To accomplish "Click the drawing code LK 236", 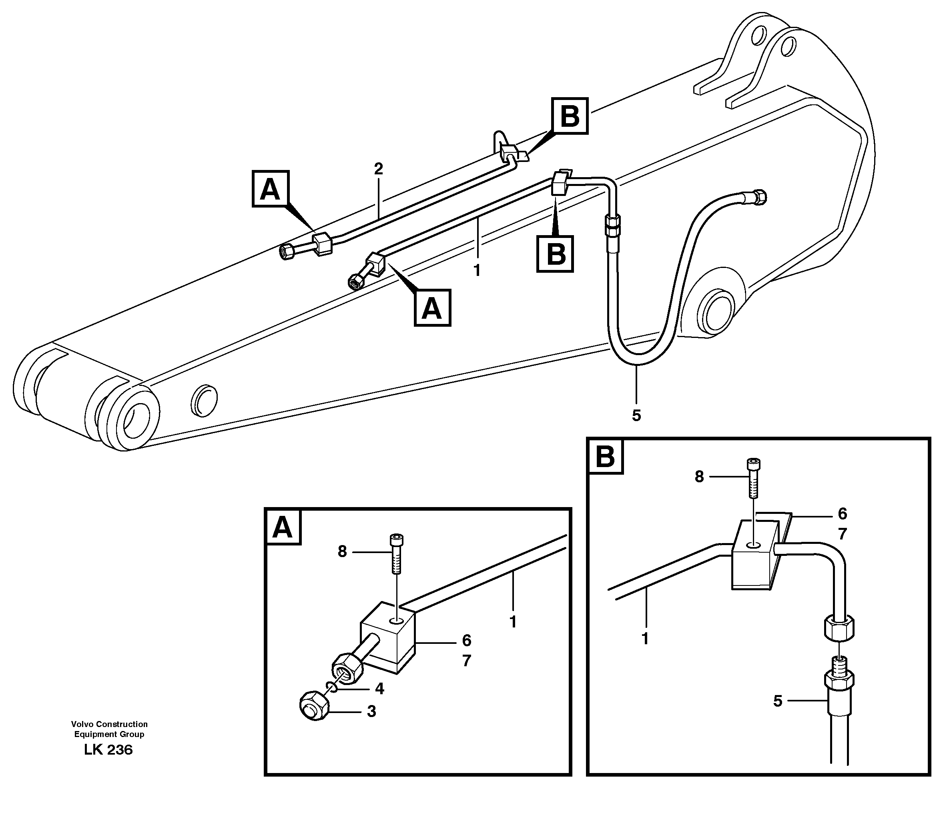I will (x=108, y=750).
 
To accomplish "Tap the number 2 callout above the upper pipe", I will (x=378, y=169).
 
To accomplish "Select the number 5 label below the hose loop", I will (x=636, y=416).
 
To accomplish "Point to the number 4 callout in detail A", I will (x=379, y=689).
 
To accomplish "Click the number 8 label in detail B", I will (x=699, y=477).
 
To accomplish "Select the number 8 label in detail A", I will (x=342, y=551).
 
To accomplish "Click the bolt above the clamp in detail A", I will (x=396, y=553).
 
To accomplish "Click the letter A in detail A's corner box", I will (x=283, y=527).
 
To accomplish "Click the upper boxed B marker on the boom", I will (x=570, y=116).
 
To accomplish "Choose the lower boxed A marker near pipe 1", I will (x=432, y=308).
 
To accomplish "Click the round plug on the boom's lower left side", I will (x=204, y=400).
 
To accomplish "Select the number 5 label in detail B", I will (x=778, y=701).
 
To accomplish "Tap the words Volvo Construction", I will (x=109, y=724).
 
